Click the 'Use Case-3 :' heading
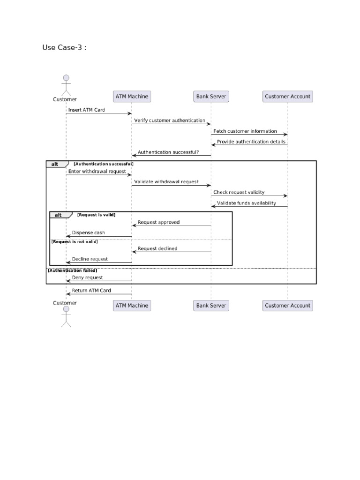[x=64, y=47]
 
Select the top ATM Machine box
[x=132, y=97]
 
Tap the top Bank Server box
[x=211, y=97]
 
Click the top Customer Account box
[x=287, y=97]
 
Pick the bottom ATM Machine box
[x=132, y=306]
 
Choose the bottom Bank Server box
[x=211, y=306]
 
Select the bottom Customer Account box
[x=287, y=306]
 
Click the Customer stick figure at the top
[x=66, y=84]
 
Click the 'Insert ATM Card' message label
[x=87, y=110]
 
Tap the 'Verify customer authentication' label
[x=169, y=120]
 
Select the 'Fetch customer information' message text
[x=245, y=131]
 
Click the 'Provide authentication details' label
[x=251, y=142]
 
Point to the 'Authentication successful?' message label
[x=168, y=152]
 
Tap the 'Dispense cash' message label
[x=88, y=232]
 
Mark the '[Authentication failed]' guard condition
[x=72, y=270]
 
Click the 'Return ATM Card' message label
[x=91, y=291]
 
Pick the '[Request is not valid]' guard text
[x=75, y=241]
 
